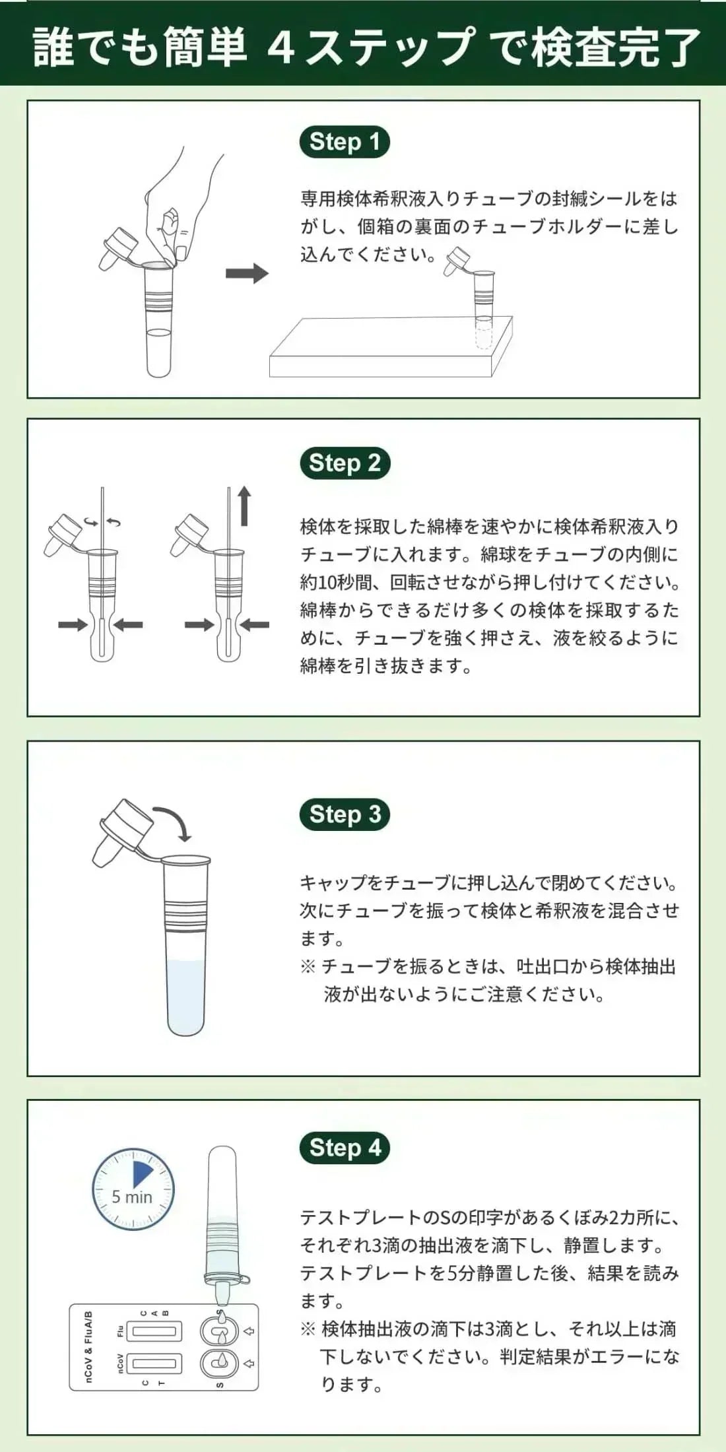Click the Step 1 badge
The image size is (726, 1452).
345,143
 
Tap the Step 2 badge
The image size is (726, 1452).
345,463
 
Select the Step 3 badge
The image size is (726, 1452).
345,814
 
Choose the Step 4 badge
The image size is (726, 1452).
345,1148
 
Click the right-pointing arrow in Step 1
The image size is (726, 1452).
247,273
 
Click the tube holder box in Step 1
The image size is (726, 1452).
389,350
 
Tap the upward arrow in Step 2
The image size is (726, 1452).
245,506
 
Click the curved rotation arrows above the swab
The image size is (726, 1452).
102,523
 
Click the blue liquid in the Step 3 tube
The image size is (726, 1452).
186,997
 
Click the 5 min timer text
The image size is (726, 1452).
132,1197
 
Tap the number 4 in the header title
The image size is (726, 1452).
281,46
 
